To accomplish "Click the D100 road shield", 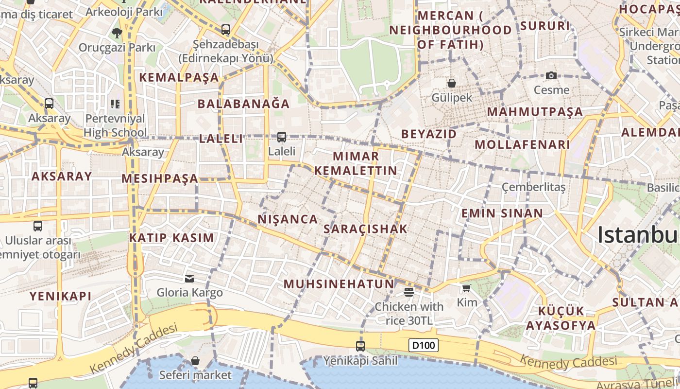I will [424, 346].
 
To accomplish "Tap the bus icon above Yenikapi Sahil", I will [360, 346].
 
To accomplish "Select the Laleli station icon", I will [281, 137].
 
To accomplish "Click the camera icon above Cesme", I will [551, 75].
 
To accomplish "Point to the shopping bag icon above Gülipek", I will [452, 83].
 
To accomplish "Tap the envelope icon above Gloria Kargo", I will [189, 278].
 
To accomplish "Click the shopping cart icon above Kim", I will [466, 288].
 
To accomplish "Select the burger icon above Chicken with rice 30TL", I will [408, 292].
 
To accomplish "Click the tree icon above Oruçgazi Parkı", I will [117, 33].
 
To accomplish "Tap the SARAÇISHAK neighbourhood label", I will [365, 229].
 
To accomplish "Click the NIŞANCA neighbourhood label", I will [288, 219].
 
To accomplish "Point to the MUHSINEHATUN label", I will [339, 284].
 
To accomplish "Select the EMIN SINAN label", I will [502, 213].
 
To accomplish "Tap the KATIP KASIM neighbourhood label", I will [171, 238].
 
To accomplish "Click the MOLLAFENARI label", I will [522, 144].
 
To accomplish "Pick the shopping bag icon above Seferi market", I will [195, 361].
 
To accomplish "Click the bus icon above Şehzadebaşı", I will [225, 29].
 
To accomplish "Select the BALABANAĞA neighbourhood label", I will [243, 104].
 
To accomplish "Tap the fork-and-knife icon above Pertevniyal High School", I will [115, 104].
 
